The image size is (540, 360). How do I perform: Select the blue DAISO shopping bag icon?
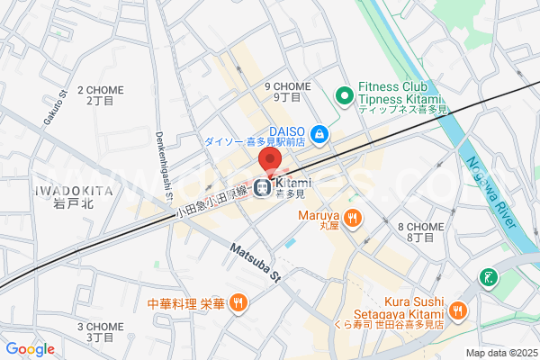coord(319,135)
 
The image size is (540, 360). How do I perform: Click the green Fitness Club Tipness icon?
coord(343,94)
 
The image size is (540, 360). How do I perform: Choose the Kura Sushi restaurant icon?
coord(457,310)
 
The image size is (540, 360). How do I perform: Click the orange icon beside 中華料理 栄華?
coord(238,303)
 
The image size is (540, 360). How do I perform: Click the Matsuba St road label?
coord(255,261)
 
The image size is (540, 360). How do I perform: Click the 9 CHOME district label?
coord(287,91)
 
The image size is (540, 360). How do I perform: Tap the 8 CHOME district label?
coord(419,232)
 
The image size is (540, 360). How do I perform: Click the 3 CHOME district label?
coord(100,331)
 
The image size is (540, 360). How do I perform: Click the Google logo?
coord(30,349)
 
